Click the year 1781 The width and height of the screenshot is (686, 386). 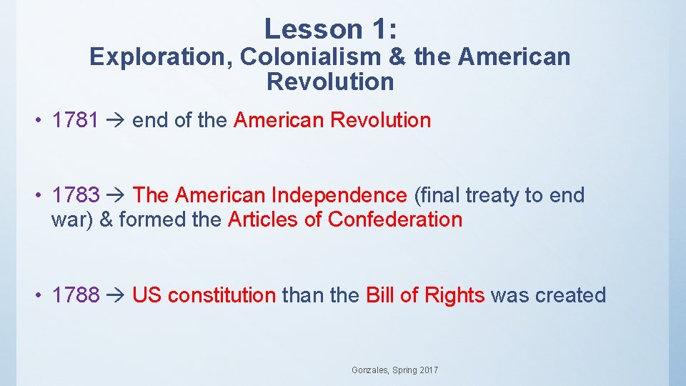pos(75,120)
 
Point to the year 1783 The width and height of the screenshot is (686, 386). pos(75,195)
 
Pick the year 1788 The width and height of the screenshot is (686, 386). pos(75,295)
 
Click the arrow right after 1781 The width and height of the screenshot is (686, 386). pos(115,121)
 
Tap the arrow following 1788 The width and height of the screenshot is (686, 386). pos(115,296)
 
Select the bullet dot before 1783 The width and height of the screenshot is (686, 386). pos(42,196)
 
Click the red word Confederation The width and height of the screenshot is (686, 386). pos(395,219)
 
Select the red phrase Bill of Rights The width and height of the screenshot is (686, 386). pos(425,295)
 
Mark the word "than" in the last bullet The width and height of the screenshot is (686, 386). pos(302,295)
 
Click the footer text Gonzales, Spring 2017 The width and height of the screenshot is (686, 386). pos(395,370)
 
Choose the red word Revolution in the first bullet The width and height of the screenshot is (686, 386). pos(380,120)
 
